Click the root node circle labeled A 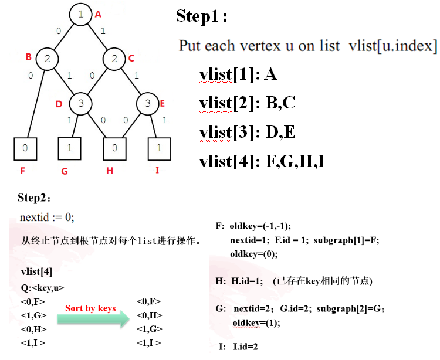pyautogui.click(x=80, y=15)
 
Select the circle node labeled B pyautogui.click(x=48, y=59)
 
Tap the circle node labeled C pyautogui.click(x=114, y=59)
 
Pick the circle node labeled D pyautogui.click(x=81, y=104)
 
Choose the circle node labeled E pyautogui.click(x=148, y=104)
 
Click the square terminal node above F pyautogui.click(x=25, y=148)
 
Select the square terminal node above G pyautogui.click(x=70, y=148)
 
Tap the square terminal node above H pyautogui.click(x=114, y=148)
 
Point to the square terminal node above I pyautogui.click(x=159, y=148)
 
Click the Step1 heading pyautogui.click(x=201, y=16)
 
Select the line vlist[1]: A pyautogui.click(x=238, y=74)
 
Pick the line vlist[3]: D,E pyautogui.click(x=246, y=132)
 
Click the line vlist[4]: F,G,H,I pyautogui.click(x=262, y=161)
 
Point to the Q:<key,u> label pyautogui.click(x=42, y=288)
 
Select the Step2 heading pyautogui.click(x=35, y=197)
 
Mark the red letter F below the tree pyautogui.click(x=23, y=171)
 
